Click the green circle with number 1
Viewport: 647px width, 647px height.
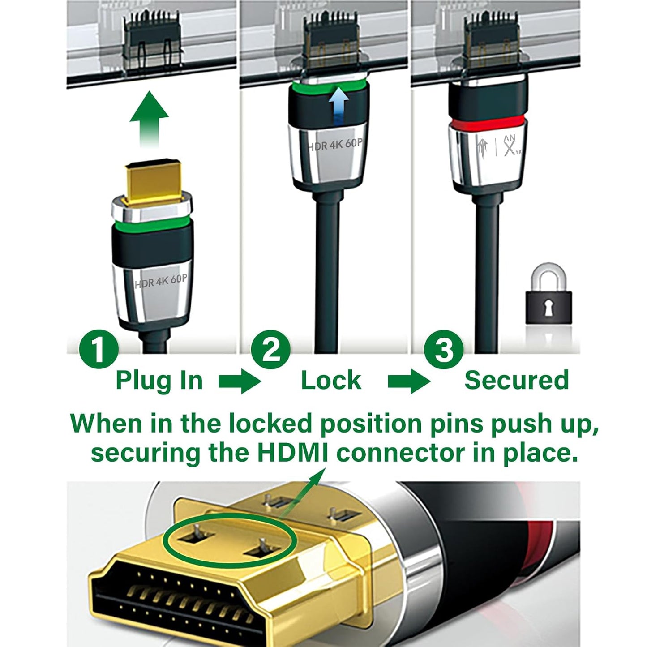tap(99, 349)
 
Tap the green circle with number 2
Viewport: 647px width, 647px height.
tap(270, 349)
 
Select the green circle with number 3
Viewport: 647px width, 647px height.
tap(444, 349)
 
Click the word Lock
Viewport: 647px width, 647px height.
tap(331, 381)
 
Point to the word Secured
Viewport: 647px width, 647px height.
tap(516, 381)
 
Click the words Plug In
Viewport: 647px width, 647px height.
tap(159, 381)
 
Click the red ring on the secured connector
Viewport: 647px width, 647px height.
tap(487, 122)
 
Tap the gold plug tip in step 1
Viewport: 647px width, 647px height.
tap(153, 181)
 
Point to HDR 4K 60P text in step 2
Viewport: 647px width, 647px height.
tap(335, 145)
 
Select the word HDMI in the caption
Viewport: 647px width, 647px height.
tap(292, 453)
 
